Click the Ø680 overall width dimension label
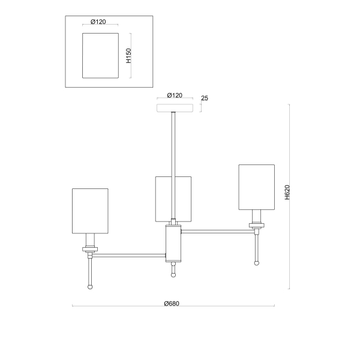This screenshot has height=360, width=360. (172, 304)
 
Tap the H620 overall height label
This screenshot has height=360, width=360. (287, 192)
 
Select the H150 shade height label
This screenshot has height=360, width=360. (128, 56)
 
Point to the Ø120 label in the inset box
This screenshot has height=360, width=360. (98, 22)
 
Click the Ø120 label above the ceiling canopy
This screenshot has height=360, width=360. (175, 95)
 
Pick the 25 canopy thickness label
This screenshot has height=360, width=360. (205, 98)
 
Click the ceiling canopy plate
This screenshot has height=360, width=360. (175, 108)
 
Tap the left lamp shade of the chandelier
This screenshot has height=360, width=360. (90, 211)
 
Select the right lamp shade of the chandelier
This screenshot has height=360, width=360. (257, 187)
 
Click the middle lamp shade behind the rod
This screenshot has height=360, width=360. (163, 199)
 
